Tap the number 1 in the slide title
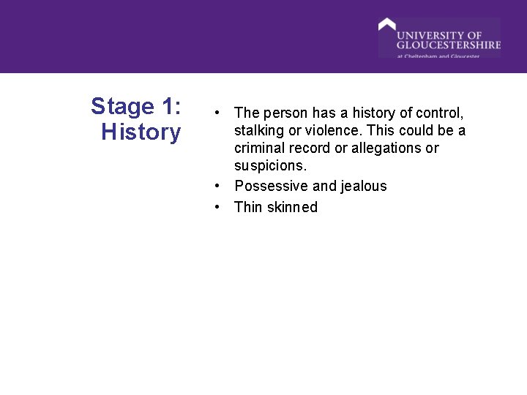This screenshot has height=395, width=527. [x=166, y=107]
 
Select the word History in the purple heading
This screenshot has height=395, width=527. [x=141, y=132]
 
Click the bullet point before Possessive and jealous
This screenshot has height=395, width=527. [x=218, y=187]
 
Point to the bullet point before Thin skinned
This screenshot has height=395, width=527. [x=218, y=207]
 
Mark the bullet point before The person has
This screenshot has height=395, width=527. [x=218, y=113]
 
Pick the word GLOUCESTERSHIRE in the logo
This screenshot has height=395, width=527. [x=449, y=45]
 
